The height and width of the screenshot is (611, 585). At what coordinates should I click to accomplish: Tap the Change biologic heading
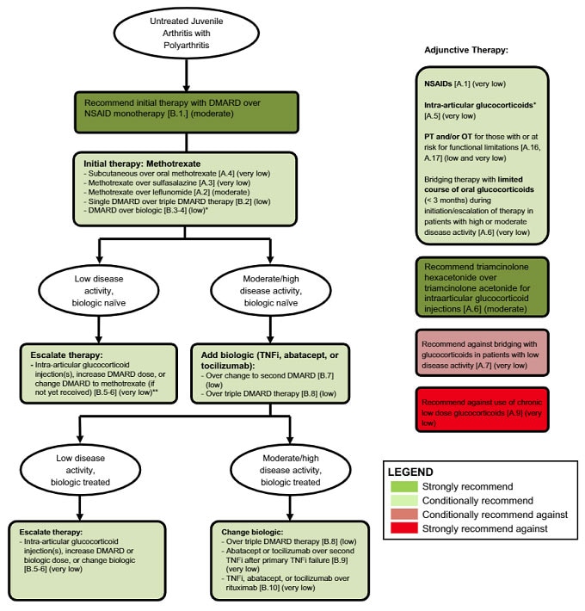[242, 532]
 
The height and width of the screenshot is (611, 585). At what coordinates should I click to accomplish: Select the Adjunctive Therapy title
[466, 50]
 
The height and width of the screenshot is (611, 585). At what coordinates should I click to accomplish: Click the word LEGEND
[412, 472]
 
